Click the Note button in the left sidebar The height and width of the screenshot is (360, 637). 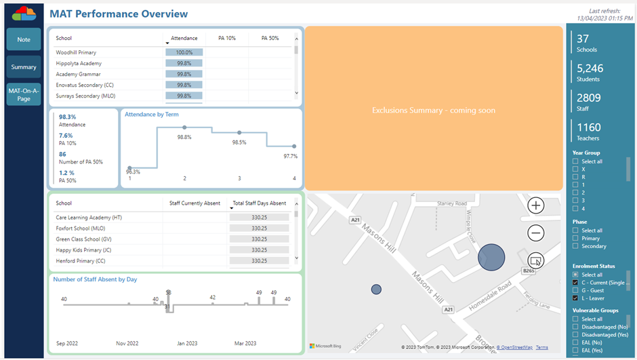pyautogui.click(x=24, y=39)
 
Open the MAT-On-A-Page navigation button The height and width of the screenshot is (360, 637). pyautogui.click(x=24, y=94)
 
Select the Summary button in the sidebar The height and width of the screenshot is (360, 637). pyautogui.click(x=24, y=67)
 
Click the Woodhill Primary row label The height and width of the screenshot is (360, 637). pyautogui.click(x=76, y=52)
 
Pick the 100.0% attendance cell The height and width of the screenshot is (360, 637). pyautogui.click(x=184, y=52)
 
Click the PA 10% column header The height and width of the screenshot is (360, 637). pyautogui.click(x=226, y=39)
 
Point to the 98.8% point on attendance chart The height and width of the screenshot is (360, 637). pyautogui.click(x=184, y=127)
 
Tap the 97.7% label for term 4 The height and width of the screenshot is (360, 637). pyautogui.click(x=290, y=156)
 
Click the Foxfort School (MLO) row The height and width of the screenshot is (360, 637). pyautogui.click(x=80, y=228)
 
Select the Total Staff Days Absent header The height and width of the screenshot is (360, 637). pyautogui.click(x=258, y=203)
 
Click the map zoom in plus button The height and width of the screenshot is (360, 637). pyautogui.click(x=535, y=205)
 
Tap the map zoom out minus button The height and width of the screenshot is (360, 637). pyautogui.click(x=535, y=233)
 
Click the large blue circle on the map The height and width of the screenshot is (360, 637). pyautogui.click(x=491, y=258)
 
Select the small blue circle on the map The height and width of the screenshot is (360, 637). pyautogui.click(x=376, y=289)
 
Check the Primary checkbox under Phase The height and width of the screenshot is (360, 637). pyautogui.click(x=575, y=239)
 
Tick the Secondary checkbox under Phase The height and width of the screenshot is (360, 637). pyautogui.click(x=575, y=247)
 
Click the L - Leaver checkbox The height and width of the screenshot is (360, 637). pyautogui.click(x=575, y=298)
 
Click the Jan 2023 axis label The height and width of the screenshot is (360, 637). pyautogui.click(x=188, y=343)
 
